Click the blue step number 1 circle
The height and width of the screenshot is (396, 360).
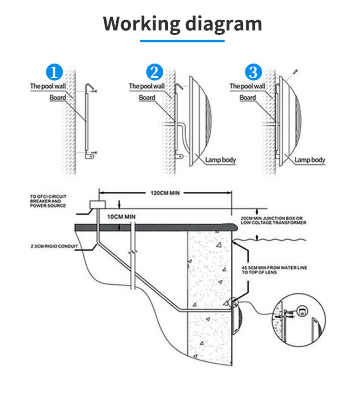(54, 73)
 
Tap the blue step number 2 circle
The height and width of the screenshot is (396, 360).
(155, 73)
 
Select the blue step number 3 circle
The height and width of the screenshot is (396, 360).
(254, 73)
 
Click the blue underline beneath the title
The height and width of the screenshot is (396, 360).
(182, 41)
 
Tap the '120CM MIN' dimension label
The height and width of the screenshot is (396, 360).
(165, 193)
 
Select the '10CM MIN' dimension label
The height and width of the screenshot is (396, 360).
(121, 217)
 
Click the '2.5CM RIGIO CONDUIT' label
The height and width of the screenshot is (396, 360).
(54, 246)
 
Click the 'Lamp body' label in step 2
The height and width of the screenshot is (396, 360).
(220, 160)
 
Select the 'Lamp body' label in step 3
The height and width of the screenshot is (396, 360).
(310, 160)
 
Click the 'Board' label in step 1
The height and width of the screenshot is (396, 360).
(58, 97)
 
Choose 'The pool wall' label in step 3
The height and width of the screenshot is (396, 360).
(247, 86)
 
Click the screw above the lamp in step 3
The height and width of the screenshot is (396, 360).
(295, 72)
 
